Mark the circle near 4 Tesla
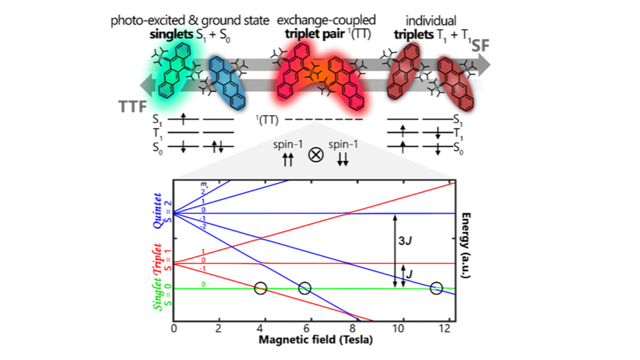[x=260, y=288]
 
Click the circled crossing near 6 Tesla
[x=305, y=288]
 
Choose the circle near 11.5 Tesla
[x=436, y=288]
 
